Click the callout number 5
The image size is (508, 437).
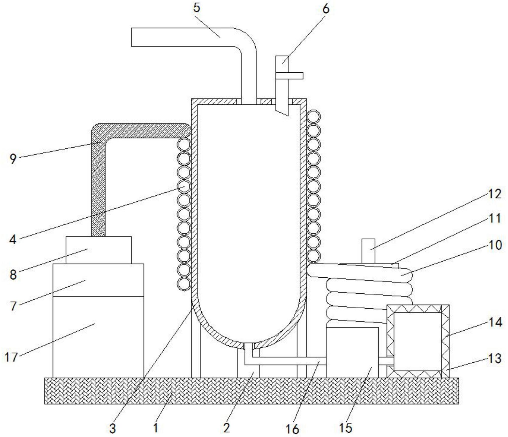197,8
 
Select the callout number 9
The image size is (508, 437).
13,159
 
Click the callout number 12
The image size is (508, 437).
494,194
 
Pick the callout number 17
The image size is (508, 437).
11,357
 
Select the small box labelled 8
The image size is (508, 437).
99,250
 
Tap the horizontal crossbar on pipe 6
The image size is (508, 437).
289,76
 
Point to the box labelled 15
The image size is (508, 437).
352,352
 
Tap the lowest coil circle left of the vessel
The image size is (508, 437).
184,283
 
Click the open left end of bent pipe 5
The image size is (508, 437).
132,37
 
